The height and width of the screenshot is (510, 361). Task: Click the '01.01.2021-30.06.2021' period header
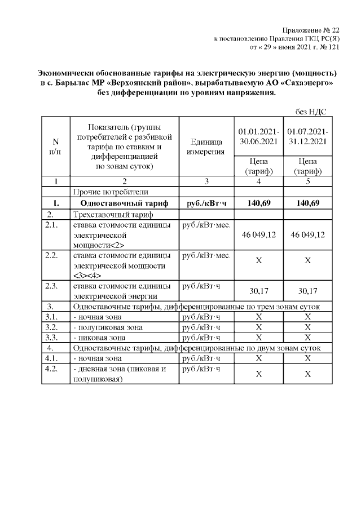[x=257, y=136]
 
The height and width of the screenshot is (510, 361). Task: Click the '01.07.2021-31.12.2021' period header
[x=307, y=136]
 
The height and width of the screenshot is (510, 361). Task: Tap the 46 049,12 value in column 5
[x=307, y=234]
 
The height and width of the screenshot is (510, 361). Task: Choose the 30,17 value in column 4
[x=257, y=291]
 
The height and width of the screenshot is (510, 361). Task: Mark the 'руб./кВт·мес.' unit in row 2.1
[x=204, y=225]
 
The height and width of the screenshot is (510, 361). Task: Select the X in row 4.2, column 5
[x=307, y=374]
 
